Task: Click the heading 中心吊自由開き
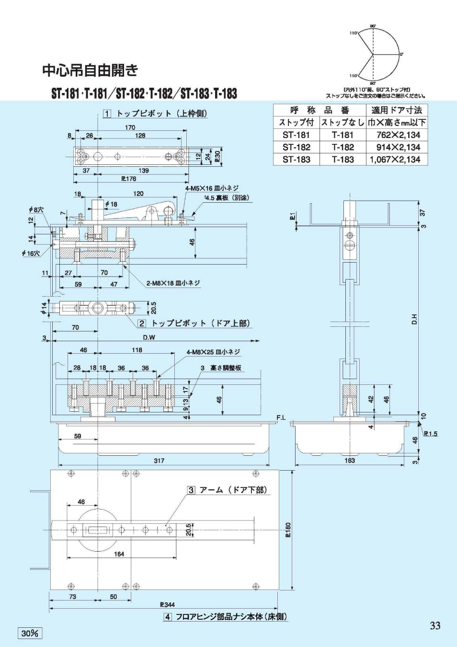[90, 70]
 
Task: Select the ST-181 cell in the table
[296, 135]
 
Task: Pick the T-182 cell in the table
[343, 147]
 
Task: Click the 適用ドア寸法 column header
[397, 110]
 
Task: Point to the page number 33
[434, 625]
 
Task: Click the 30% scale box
[30, 633]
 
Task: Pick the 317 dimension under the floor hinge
[159, 461]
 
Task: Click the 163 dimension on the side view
[350, 461]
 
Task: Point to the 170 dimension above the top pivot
[130, 127]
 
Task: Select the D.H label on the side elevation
[414, 319]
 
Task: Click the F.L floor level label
[281, 418]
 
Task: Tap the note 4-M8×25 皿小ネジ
[213, 352]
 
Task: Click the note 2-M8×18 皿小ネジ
[173, 283]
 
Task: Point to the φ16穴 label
[31, 253]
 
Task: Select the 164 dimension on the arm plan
[119, 554]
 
